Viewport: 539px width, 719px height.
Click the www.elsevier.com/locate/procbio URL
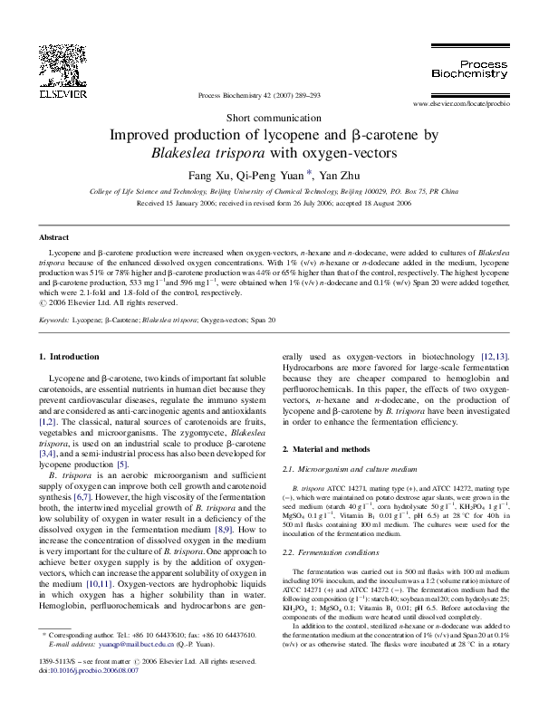pyautogui.click(x=457, y=105)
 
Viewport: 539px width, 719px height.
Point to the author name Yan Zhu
pyautogui.click(x=342, y=175)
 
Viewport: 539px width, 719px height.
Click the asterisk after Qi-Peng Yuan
pyautogui.click(x=309, y=172)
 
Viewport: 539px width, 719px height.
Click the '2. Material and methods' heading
pyautogui.click(x=326, y=449)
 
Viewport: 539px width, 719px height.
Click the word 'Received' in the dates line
pyautogui.click(x=151, y=205)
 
